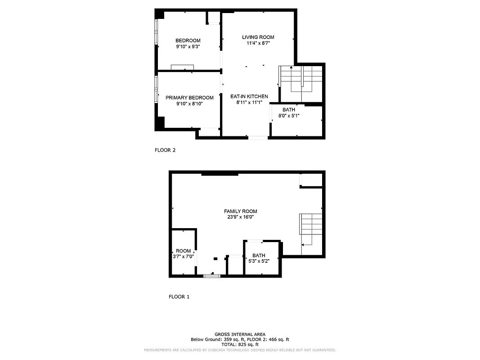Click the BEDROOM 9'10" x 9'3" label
pyautogui.click(x=188, y=43)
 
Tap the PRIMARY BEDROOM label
pyautogui.click(x=189, y=100)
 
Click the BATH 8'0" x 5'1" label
pyautogui.click(x=289, y=112)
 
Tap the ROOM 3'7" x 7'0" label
pyautogui.click(x=183, y=253)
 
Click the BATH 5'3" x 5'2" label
pyautogui.click(x=259, y=258)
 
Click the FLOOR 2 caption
pyautogui.click(x=165, y=150)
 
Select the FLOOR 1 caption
pyautogui.click(x=179, y=297)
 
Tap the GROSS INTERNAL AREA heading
pyautogui.click(x=240, y=334)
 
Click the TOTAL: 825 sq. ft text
pyautogui.click(x=240, y=344)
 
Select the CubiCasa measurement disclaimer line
pyautogui.click(x=240, y=350)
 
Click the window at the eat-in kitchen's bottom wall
pyautogui.click(x=258, y=137)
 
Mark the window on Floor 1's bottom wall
pyautogui.click(x=211, y=275)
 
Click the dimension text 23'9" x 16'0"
pyautogui.click(x=241, y=217)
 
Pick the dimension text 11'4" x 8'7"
pyautogui.click(x=258, y=43)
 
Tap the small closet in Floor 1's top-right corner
pyautogui.click(x=311, y=180)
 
